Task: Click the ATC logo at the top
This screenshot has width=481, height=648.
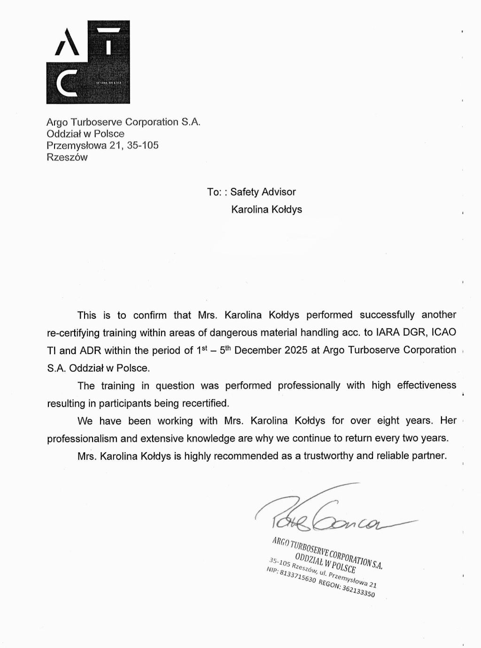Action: pyautogui.click(x=88, y=62)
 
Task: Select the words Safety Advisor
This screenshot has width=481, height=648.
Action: pyautogui.click(x=263, y=192)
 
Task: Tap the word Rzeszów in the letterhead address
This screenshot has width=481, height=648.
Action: pyautogui.click(x=67, y=157)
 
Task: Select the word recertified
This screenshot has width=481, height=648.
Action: pyautogui.click(x=205, y=403)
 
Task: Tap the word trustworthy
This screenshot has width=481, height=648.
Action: pyautogui.click(x=331, y=455)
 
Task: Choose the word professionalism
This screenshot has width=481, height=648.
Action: pyautogui.click(x=82, y=438)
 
